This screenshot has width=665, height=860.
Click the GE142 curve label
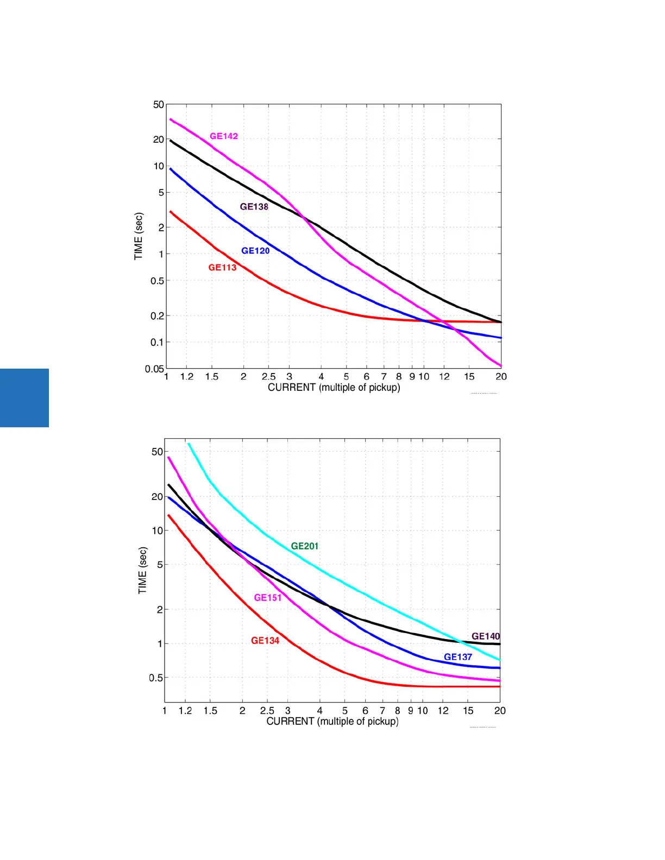(224, 136)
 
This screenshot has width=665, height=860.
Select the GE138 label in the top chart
(254, 207)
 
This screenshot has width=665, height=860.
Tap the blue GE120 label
(255, 251)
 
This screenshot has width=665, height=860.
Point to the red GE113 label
(222, 268)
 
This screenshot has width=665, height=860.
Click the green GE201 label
(305, 546)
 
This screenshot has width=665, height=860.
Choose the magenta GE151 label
(268, 598)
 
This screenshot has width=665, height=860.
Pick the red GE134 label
(265, 641)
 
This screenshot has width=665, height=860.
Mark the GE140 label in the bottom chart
(485, 636)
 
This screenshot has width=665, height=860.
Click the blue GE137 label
(458, 657)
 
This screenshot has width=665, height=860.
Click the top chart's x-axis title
(334, 388)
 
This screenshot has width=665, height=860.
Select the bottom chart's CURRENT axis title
(332, 722)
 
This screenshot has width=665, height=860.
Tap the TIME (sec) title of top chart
(139, 236)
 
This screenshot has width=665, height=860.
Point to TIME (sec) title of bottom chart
(142, 570)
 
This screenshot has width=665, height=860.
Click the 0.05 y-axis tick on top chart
(154, 369)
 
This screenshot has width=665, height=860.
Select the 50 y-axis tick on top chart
(158, 104)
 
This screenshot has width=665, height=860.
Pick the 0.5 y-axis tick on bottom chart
(156, 678)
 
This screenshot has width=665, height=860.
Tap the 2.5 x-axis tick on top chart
(268, 377)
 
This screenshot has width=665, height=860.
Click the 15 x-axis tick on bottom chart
(468, 711)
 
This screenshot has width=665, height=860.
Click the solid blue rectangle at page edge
(24, 398)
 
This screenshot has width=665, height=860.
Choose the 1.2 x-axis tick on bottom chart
(185, 711)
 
